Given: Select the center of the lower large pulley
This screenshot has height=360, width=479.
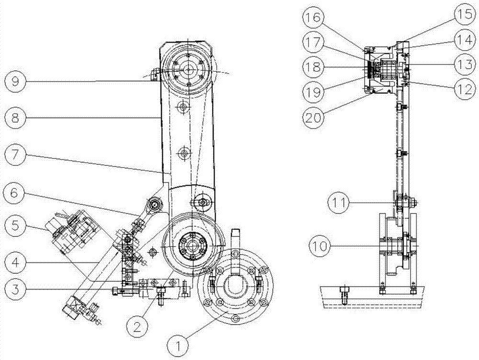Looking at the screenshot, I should pos(192,245).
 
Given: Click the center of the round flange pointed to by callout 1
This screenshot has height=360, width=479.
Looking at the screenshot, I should pos(234,289).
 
